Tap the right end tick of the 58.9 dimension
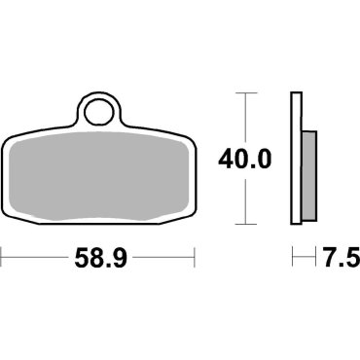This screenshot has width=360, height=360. point(197,259)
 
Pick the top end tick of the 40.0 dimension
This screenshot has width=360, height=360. point(247,93)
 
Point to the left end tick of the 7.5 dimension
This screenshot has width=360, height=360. point(294,259)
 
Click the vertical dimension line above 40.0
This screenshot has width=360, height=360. point(247,117)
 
